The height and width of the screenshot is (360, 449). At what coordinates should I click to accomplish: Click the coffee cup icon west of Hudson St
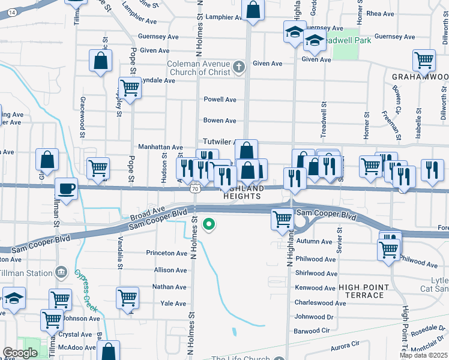coord(66,188)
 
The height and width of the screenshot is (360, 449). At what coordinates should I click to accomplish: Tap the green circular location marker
coord(209,225)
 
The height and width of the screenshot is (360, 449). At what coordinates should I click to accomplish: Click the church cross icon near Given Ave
coord(240,65)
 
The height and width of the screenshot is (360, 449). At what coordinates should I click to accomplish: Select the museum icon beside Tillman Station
coord(61,273)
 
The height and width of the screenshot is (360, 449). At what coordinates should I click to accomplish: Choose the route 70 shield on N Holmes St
coord(193,189)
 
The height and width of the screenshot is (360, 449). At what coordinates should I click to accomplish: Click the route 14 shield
coord(12,12)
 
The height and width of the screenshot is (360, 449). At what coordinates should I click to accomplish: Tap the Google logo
coord(20,353)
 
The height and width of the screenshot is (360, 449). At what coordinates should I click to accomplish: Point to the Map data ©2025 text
coord(423,355)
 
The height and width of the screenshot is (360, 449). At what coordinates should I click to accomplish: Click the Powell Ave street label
coord(220,100)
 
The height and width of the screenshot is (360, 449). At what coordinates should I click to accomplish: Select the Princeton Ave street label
coord(167,253)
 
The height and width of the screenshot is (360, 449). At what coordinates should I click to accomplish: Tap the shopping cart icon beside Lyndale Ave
coord(129,88)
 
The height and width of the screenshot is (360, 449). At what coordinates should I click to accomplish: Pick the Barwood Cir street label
coord(312,331)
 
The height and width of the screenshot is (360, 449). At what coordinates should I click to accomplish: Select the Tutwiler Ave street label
coord(217,142)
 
